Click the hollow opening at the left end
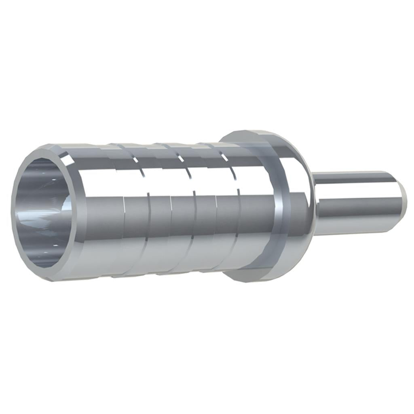pyautogui.click(x=42, y=212)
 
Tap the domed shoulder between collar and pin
pyautogui.click(x=301, y=194)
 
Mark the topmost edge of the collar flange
pyautogui.click(x=247, y=132)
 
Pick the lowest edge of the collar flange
pyautogui.click(x=251, y=281)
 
